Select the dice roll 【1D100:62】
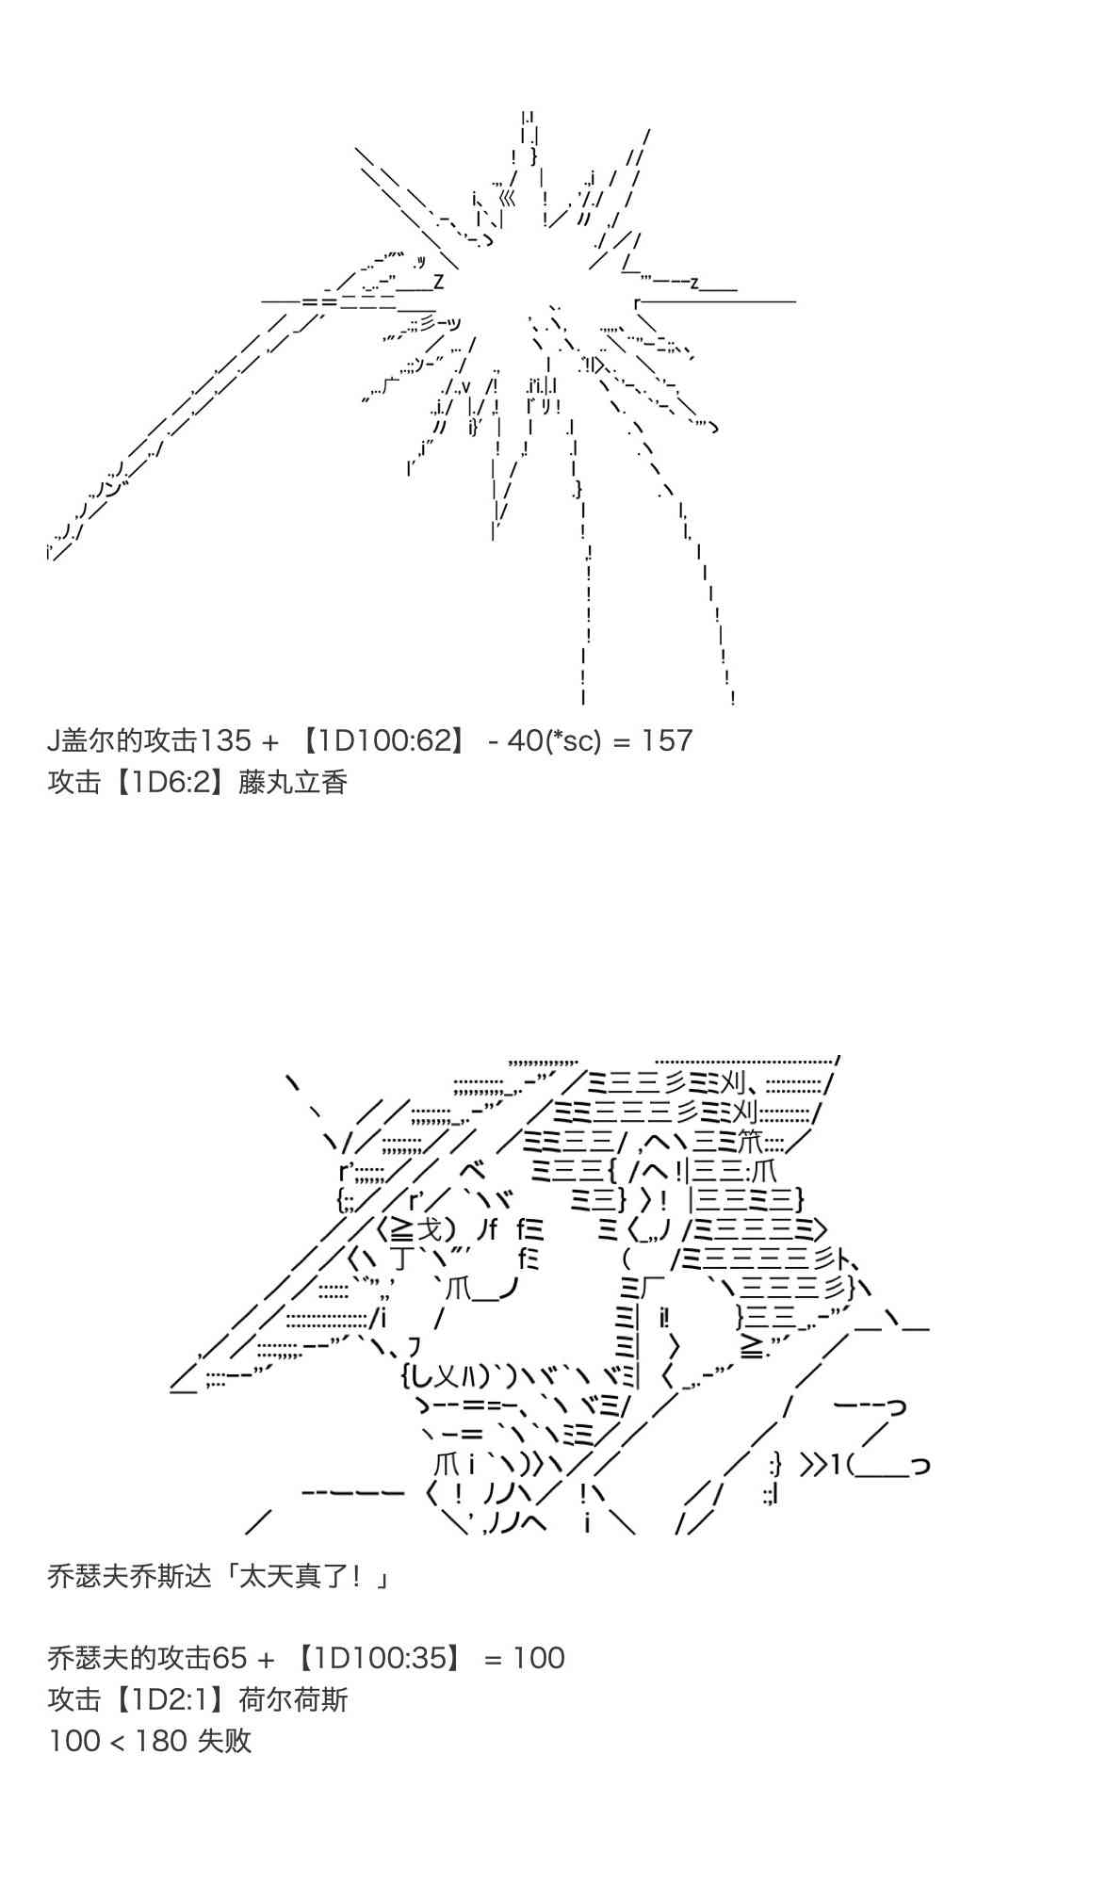tap(382, 740)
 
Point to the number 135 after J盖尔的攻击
tap(225, 740)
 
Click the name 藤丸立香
tap(293, 782)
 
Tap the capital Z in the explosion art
tap(438, 282)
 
